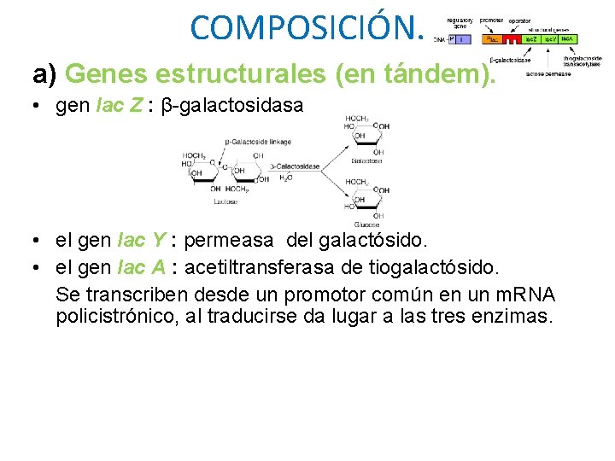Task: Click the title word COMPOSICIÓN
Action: click(x=307, y=27)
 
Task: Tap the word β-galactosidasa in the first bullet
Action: click(x=231, y=107)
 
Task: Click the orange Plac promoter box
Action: click(x=491, y=39)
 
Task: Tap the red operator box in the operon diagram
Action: click(x=511, y=39)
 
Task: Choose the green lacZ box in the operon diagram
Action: click(x=530, y=39)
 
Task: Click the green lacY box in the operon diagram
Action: click(x=550, y=39)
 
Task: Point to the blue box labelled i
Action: click(x=462, y=39)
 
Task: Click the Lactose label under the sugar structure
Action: click(x=225, y=201)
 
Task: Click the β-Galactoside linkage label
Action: click(x=258, y=142)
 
